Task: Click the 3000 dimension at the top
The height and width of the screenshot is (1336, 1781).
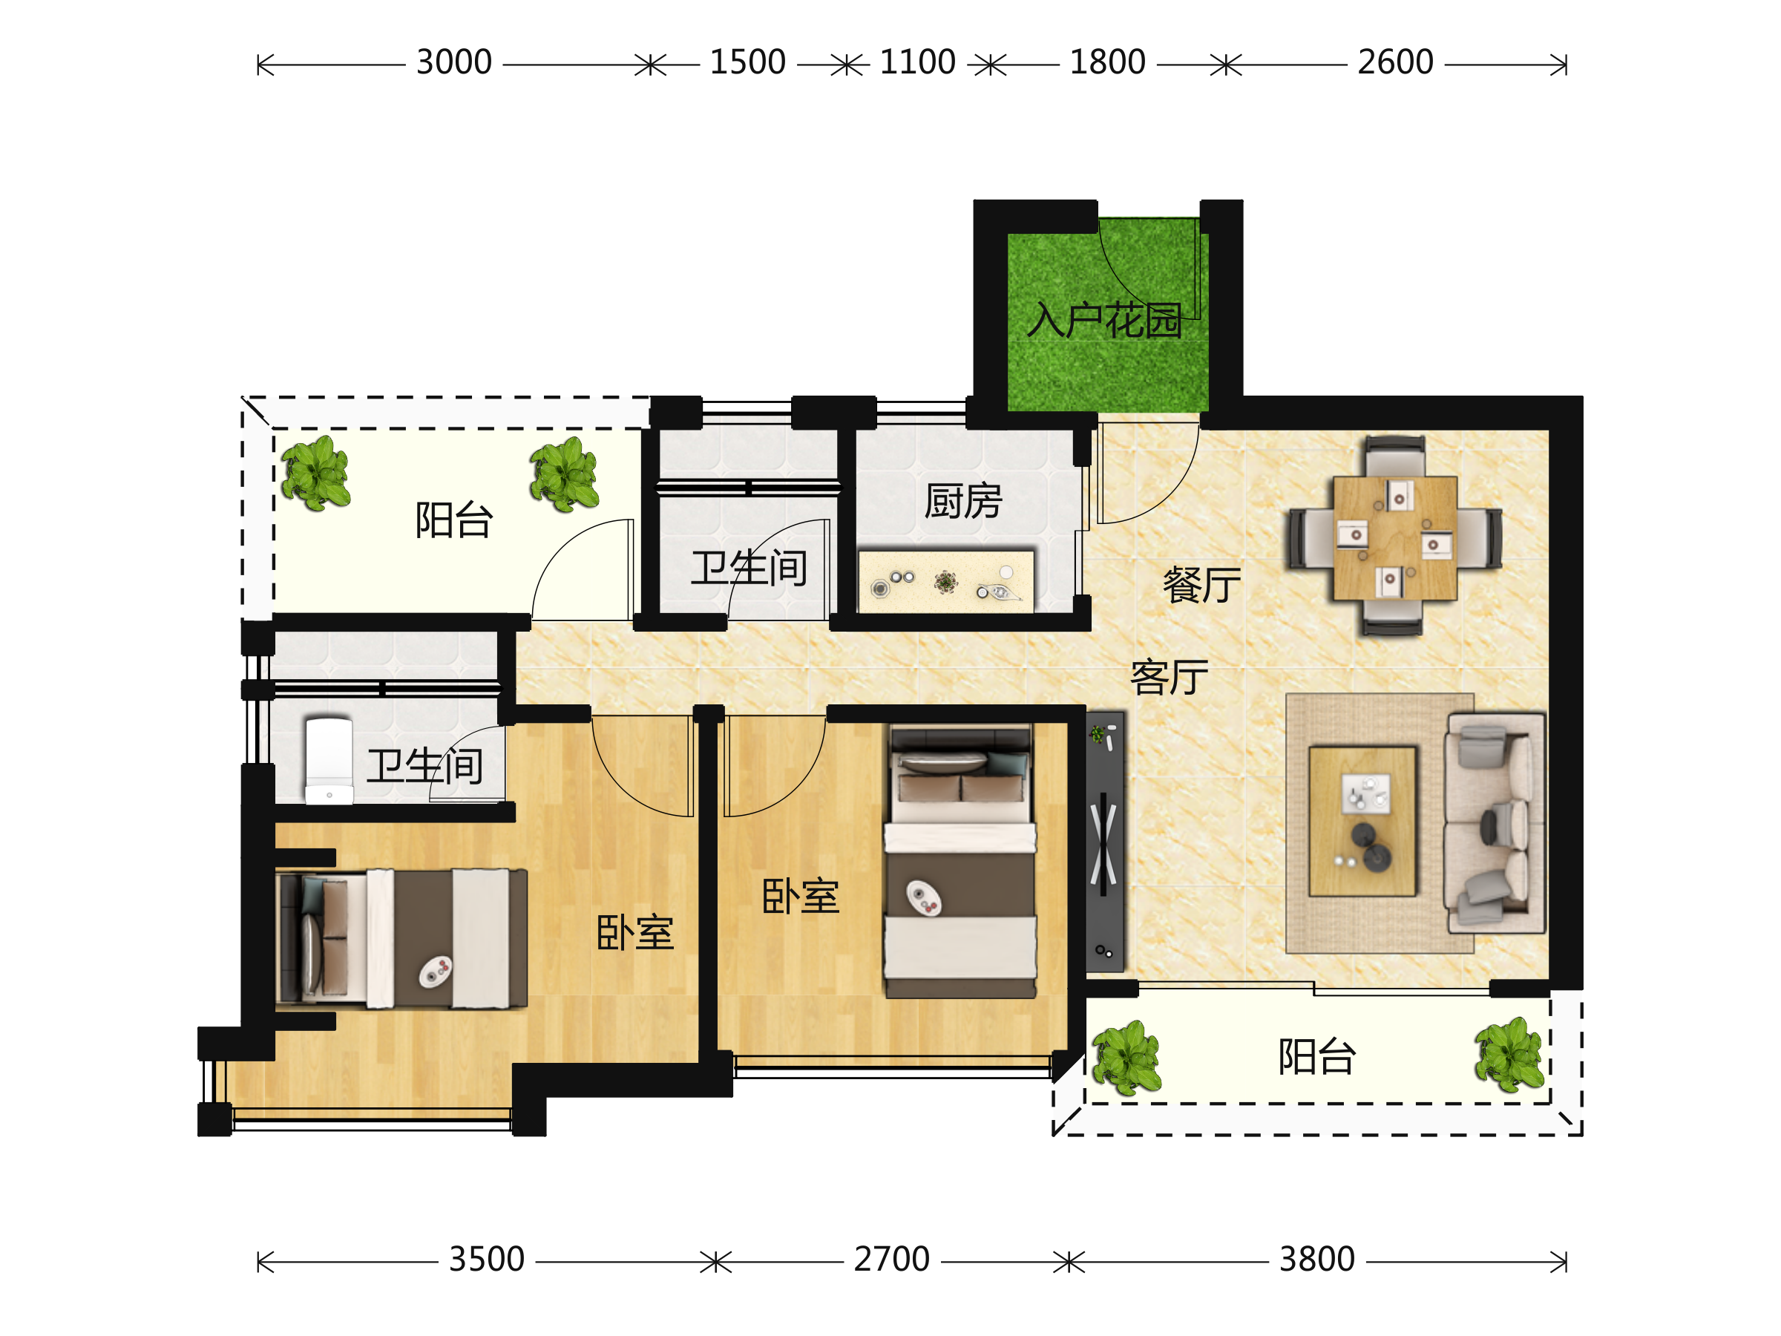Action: [x=453, y=63]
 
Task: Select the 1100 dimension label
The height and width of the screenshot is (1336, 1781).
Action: [x=917, y=63]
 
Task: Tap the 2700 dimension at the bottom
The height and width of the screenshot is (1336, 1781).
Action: [x=891, y=1260]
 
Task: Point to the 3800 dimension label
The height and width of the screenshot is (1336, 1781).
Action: [x=1317, y=1260]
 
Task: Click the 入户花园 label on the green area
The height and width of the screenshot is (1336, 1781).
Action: [x=1104, y=321]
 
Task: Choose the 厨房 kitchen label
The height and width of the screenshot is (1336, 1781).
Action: [x=963, y=502]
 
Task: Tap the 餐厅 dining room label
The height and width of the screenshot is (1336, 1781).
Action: [x=1201, y=586]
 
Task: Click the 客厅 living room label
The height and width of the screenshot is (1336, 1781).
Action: [x=1169, y=677]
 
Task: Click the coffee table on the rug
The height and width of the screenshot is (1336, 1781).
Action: [x=1362, y=822]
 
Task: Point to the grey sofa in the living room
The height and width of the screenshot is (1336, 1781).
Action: [x=1496, y=822]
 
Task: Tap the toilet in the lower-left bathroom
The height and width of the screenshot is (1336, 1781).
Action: [x=329, y=761]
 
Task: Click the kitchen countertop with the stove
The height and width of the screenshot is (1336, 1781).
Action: [x=946, y=581]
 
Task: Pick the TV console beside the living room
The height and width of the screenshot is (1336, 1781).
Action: [x=1105, y=842]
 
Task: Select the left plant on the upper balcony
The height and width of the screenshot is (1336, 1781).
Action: [x=315, y=474]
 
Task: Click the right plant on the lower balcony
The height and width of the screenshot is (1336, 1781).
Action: [x=1509, y=1055]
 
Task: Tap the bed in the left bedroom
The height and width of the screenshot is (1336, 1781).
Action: [x=401, y=938]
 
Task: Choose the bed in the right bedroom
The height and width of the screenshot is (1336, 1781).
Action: [x=960, y=862]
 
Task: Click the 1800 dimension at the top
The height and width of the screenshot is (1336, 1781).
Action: [x=1107, y=63]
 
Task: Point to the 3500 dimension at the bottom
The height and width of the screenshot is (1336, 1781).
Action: [x=486, y=1260]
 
